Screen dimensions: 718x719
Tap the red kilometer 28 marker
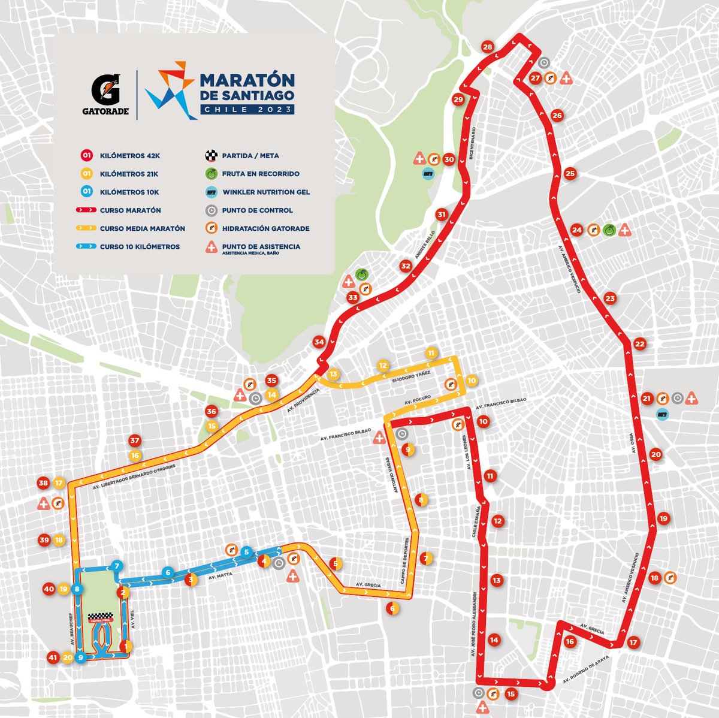(x=487, y=48)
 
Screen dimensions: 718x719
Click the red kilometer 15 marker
(x=510, y=695)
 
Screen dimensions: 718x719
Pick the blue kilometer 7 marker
(x=117, y=566)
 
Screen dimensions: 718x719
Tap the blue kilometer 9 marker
(x=80, y=657)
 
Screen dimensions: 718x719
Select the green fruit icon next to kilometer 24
(x=609, y=230)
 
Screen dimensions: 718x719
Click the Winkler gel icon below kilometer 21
(x=662, y=414)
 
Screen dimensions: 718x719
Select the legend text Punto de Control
(x=257, y=210)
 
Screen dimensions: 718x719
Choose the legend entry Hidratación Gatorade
(x=261, y=228)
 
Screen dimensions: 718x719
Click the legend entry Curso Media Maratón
(x=143, y=228)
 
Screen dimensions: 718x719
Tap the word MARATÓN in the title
(x=246, y=80)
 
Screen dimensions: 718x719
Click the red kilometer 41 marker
(x=53, y=657)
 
